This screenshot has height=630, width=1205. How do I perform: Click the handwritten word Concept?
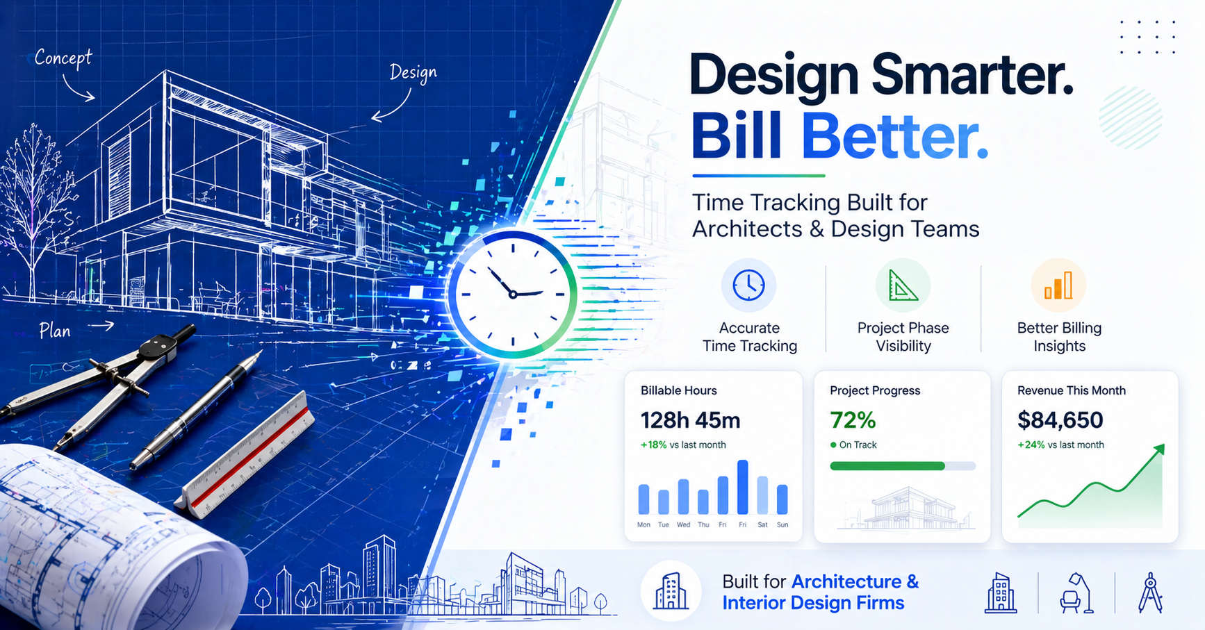pyautogui.click(x=63, y=58)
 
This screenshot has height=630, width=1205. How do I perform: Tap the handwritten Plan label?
pyautogui.click(x=55, y=331)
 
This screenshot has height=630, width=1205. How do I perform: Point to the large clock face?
pyautogui.click(x=513, y=295)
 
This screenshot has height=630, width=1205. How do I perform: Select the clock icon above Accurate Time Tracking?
pyautogui.click(x=748, y=285)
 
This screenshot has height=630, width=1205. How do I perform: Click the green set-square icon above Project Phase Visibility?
pyautogui.click(x=903, y=285)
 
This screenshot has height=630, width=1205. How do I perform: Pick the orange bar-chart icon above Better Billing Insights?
pyautogui.click(x=1058, y=285)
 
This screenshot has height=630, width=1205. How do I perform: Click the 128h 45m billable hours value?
pyautogui.click(x=690, y=420)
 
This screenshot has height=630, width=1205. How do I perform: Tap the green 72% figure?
pyautogui.click(x=853, y=420)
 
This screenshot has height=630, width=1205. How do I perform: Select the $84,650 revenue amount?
pyautogui.click(x=1060, y=420)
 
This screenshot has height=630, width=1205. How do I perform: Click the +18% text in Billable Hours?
pyautogui.click(x=653, y=445)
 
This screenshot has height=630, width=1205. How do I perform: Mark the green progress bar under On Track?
pyautogui.click(x=887, y=466)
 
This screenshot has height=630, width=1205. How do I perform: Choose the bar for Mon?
pyautogui.click(x=644, y=499)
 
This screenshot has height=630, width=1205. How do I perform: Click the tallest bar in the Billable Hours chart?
pyautogui.click(x=743, y=487)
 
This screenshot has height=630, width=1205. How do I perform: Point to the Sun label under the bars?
pyautogui.click(x=782, y=525)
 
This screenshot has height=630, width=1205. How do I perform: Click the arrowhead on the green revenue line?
pyautogui.click(x=1158, y=450)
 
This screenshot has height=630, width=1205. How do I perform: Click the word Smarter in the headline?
pyautogui.click(x=972, y=75)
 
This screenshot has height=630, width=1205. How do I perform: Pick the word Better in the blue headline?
pyautogui.click(x=894, y=136)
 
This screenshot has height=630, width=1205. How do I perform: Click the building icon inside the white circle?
pyautogui.click(x=671, y=592)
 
